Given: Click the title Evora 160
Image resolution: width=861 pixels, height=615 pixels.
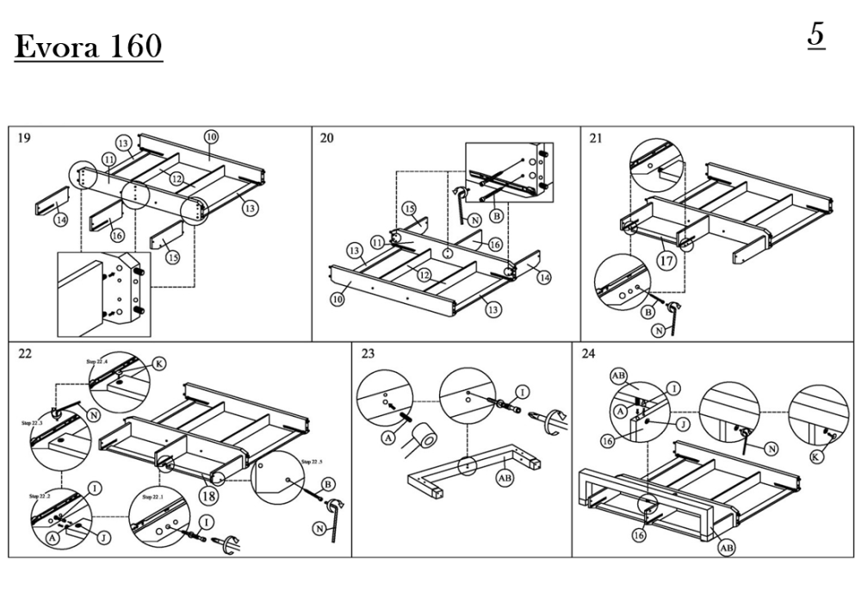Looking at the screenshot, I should [88, 47].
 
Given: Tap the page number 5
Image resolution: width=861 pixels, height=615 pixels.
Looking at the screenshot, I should [816, 35].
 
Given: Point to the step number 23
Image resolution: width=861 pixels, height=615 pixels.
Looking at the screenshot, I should [369, 353].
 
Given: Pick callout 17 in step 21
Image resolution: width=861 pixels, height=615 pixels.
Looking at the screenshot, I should [665, 258].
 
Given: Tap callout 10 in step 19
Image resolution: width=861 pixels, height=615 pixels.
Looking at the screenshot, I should [211, 136].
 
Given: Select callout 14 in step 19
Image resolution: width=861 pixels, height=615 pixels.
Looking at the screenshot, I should [60, 220].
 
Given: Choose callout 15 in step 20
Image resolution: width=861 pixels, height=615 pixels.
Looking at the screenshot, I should [409, 208].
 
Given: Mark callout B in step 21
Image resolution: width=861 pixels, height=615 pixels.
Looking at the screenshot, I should [647, 312].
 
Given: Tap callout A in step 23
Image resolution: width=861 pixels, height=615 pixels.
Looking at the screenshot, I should [387, 438].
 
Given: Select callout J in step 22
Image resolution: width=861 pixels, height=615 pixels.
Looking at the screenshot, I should [104, 537].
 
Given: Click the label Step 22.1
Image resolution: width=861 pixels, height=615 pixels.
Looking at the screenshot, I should [155, 498].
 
